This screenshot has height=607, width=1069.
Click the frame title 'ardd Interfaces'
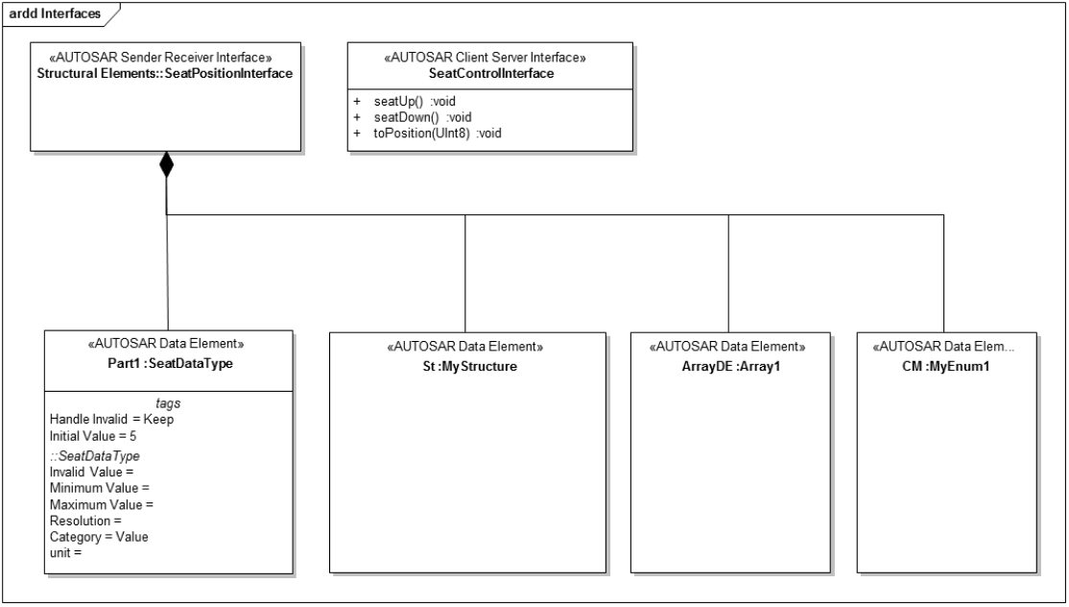pos(55,13)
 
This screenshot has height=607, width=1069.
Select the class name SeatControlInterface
pos(491,74)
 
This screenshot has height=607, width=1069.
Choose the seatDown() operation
pos(422,117)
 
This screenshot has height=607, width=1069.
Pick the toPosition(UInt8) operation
pos(437,133)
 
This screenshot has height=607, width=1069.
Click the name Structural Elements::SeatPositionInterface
pos(165,74)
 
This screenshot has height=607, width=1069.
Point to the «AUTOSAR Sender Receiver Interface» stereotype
pos(165,58)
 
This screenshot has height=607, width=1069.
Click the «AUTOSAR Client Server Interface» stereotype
pos(486,58)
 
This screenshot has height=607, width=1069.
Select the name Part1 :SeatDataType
pos(171,363)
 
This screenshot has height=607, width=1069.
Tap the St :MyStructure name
pos(470,366)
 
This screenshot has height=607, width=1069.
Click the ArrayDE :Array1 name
pos(730,366)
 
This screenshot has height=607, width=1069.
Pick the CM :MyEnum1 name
pos(945,366)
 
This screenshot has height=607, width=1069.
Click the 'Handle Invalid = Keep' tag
pos(112,420)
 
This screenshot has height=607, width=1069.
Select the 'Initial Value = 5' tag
pos(93,436)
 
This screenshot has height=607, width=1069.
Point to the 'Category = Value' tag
pos(99,537)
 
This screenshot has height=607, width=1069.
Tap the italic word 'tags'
pos(168,403)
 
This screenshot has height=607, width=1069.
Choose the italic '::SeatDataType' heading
pos(95,455)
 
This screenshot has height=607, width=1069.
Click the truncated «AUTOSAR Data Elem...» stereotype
pos(943,347)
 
